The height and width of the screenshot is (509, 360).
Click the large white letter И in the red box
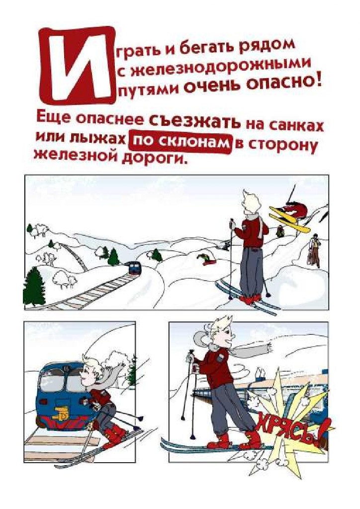pos(77,66)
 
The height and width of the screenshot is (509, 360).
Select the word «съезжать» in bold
pos(195,122)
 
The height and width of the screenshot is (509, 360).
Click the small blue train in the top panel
pos(134,268)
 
